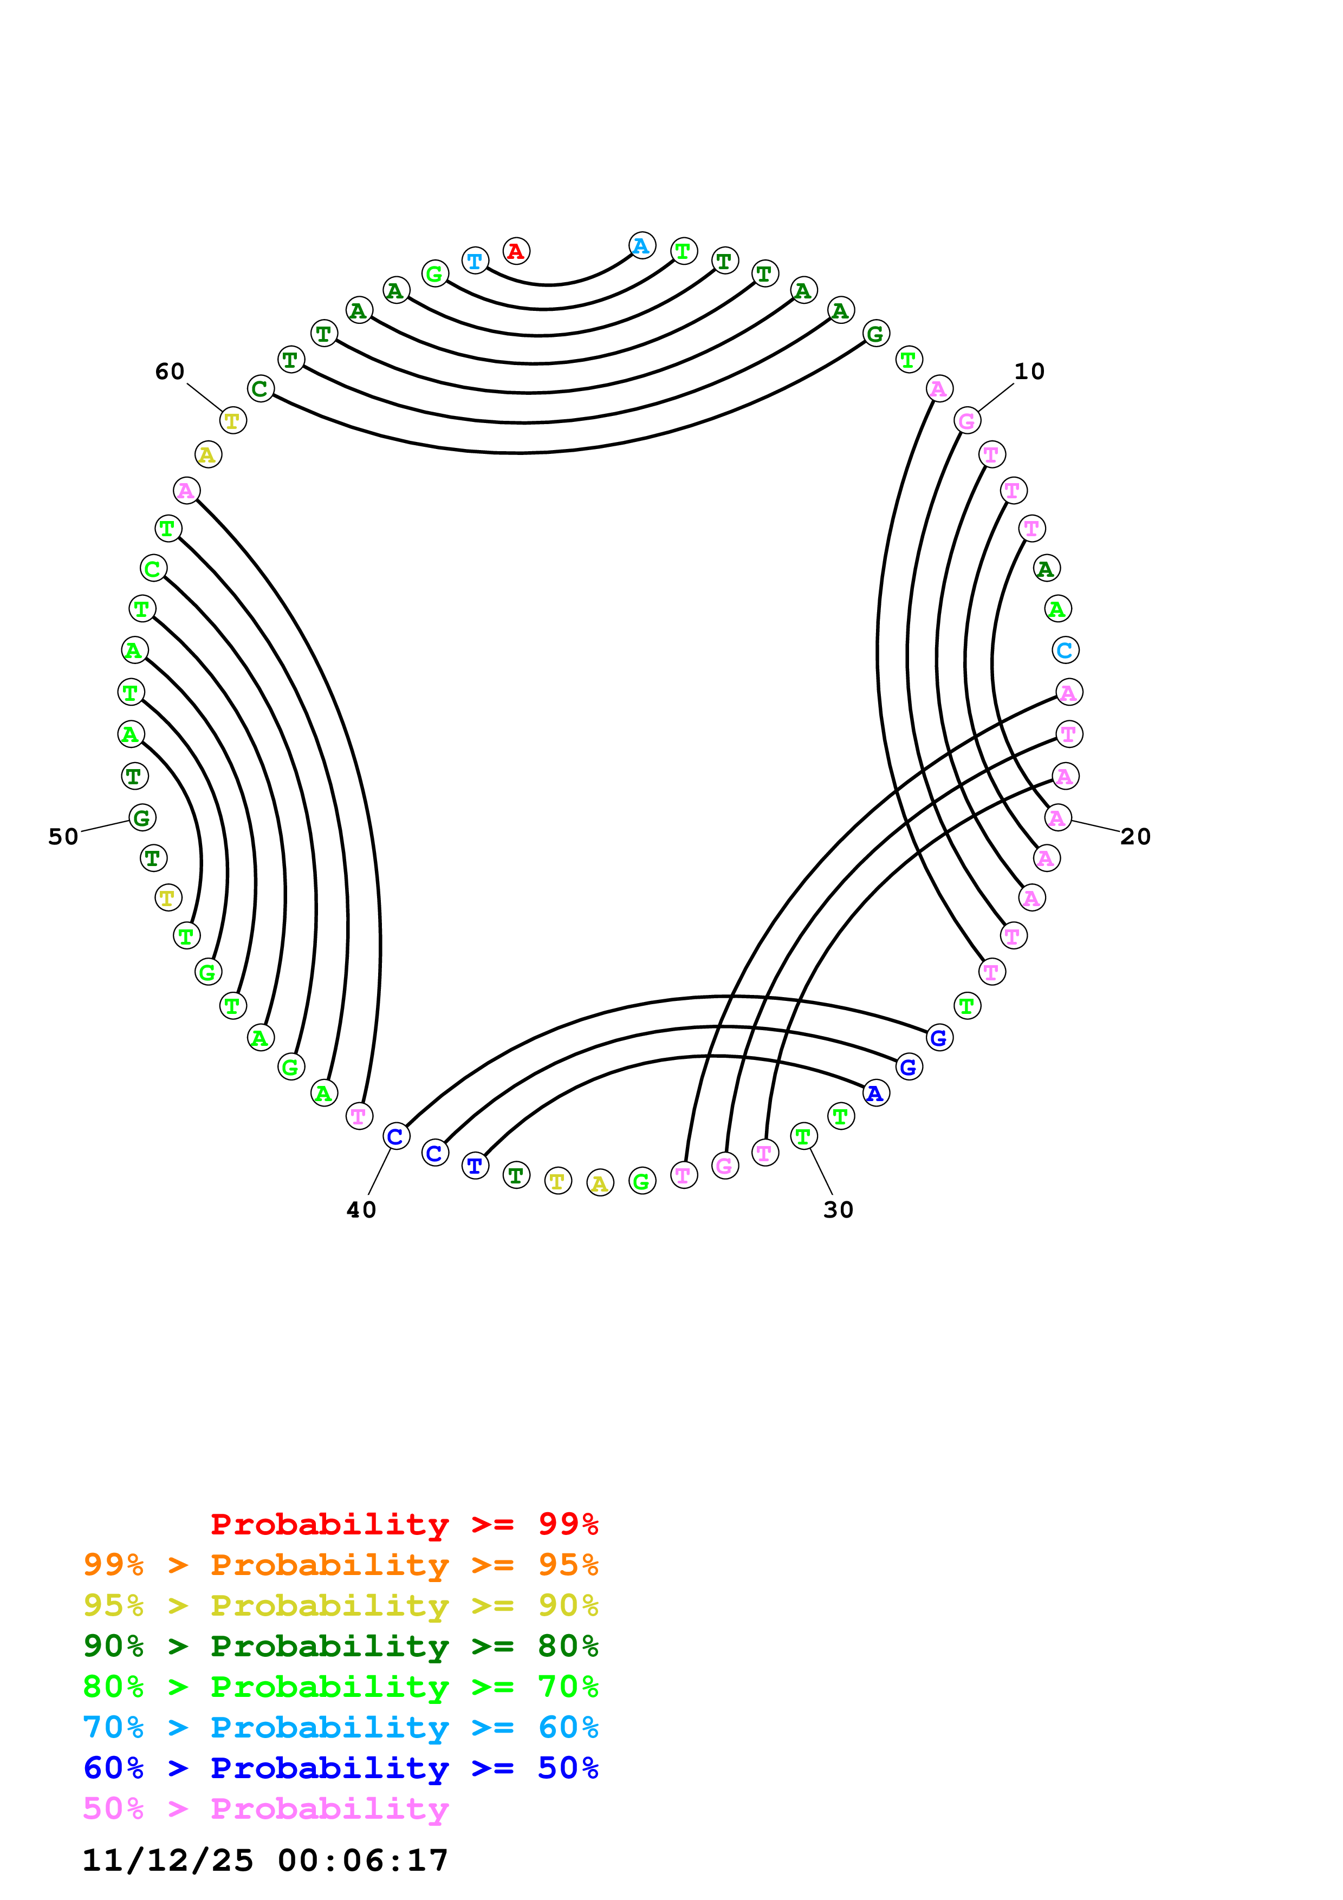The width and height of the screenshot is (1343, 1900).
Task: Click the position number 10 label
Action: (1029, 372)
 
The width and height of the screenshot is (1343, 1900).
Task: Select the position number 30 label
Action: (838, 1210)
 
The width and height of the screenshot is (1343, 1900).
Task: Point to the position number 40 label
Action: (361, 1210)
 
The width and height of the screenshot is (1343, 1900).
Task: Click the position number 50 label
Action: (63, 837)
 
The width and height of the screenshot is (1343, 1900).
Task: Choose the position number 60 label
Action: (170, 372)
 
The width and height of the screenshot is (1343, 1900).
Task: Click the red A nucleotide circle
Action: (516, 251)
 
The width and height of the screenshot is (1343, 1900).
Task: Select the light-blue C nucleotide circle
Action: (1065, 650)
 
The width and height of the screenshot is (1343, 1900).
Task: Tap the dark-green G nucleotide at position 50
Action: (142, 818)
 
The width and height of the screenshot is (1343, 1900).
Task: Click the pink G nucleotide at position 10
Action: (966, 420)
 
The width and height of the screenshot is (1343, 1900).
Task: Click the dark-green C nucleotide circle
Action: (261, 388)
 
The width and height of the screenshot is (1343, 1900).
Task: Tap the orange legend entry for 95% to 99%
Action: (340, 1565)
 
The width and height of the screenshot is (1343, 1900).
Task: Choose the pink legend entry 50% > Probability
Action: (265, 1809)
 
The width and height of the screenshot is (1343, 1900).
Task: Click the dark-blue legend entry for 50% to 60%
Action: (340, 1768)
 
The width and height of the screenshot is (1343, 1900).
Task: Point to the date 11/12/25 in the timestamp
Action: (167, 1860)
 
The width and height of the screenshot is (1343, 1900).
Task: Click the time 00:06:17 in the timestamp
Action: (362, 1860)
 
